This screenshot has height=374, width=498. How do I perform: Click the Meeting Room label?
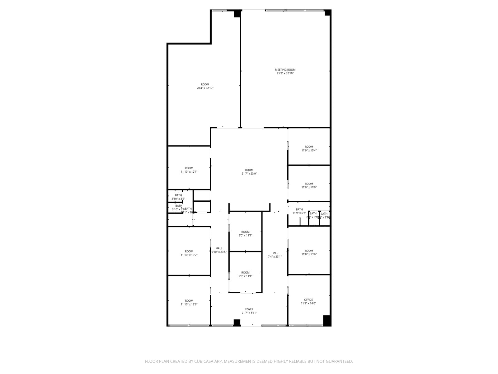(x=285, y=70)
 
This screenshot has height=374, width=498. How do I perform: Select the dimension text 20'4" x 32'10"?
(x=205, y=88)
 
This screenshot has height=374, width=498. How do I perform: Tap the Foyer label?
(x=249, y=309)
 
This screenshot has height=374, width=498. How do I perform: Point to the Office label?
(x=308, y=300)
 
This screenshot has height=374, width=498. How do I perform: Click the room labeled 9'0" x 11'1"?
(x=245, y=234)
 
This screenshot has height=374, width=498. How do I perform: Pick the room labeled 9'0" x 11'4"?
(x=245, y=274)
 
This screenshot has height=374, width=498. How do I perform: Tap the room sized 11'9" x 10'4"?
(x=309, y=148)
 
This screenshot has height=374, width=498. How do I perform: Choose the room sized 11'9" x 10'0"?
(x=309, y=185)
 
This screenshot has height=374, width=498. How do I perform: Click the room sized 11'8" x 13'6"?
(x=309, y=252)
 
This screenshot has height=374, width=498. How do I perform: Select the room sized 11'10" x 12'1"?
(x=189, y=170)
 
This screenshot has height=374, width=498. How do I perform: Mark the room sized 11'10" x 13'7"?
(x=189, y=253)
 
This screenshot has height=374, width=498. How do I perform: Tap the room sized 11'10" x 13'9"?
(x=189, y=303)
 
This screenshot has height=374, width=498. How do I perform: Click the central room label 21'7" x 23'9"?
(x=249, y=172)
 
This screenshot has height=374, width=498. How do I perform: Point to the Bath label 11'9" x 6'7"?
(x=299, y=211)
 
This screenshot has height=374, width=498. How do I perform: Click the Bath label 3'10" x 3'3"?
(x=178, y=197)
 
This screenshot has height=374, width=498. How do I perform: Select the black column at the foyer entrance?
(x=237, y=323)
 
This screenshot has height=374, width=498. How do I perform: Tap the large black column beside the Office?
(x=327, y=320)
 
